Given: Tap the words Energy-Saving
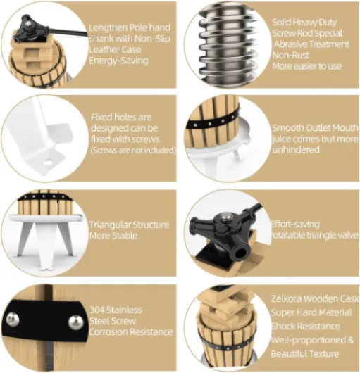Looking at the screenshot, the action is pyautogui.click(x=118, y=61).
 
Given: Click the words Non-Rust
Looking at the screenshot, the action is pyautogui.click(x=290, y=55).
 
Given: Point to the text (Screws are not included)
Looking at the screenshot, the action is pyautogui.click(x=133, y=151).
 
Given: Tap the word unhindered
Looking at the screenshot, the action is pyautogui.click(x=296, y=150).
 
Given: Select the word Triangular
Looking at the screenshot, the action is pyautogui.click(x=110, y=225).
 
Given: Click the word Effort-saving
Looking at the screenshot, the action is pyautogui.click(x=295, y=224).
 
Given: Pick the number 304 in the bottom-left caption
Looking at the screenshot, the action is pyautogui.click(x=97, y=310).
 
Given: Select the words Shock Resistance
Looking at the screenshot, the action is pyautogui.click(x=306, y=326).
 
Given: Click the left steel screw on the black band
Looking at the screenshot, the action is pyautogui.click(x=13, y=319).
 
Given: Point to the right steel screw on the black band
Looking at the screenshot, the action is pyautogui.click(x=76, y=323).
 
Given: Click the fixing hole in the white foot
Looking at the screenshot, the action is pyautogui.click(x=48, y=163).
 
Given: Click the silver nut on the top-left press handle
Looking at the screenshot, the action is pyautogui.click(x=28, y=25).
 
